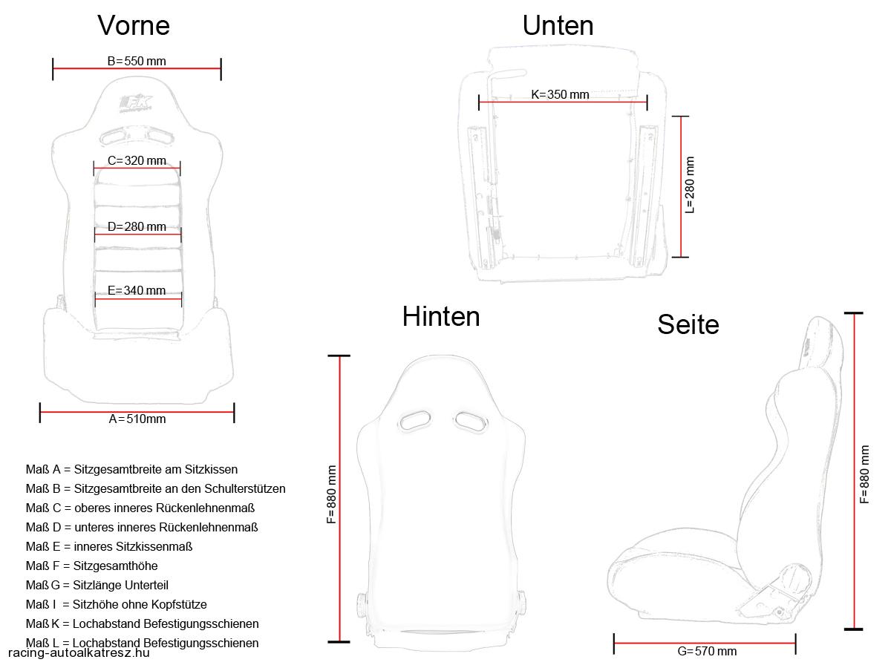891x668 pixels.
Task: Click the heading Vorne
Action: [134, 25]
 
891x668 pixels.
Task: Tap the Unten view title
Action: [558, 25]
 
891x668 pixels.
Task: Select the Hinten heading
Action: [441, 316]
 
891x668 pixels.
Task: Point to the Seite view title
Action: [688, 324]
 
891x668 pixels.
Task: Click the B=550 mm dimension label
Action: [137, 62]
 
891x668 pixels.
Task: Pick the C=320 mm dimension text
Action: [137, 160]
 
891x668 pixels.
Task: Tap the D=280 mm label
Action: [137, 226]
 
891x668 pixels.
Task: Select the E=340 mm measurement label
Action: [137, 290]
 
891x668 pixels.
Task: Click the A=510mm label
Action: [137, 419]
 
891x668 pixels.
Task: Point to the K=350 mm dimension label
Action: [560, 94]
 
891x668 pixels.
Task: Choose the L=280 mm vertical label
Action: [690, 185]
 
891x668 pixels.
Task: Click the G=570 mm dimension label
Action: [707, 651]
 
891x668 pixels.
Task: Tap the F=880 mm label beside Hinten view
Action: [332, 494]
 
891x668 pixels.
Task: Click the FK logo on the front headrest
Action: [136, 104]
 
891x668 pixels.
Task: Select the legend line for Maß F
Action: [92, 566]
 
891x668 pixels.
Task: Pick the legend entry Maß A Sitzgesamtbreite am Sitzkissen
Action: [131, 469]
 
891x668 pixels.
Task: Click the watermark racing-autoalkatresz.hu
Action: [79, 653]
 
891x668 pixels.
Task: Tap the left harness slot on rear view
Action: [415, 420]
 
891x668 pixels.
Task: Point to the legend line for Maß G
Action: [97, 585]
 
